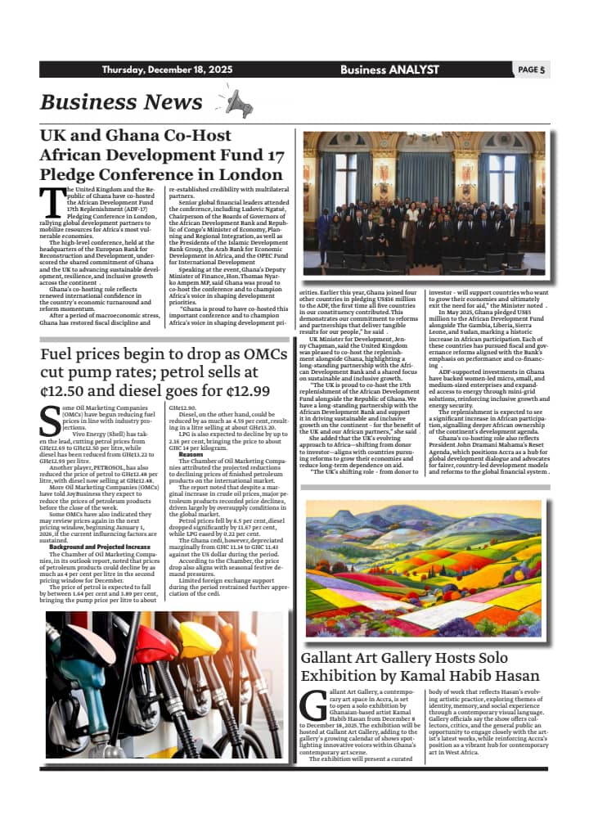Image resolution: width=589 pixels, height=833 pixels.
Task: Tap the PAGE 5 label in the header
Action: pyautogui.click(x=531, y=70)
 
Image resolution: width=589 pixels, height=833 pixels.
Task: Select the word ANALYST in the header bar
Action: pyautogui.click(x=414, y=70)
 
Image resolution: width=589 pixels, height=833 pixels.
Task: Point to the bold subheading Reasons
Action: pyautogui.click(x=191, y=454)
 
